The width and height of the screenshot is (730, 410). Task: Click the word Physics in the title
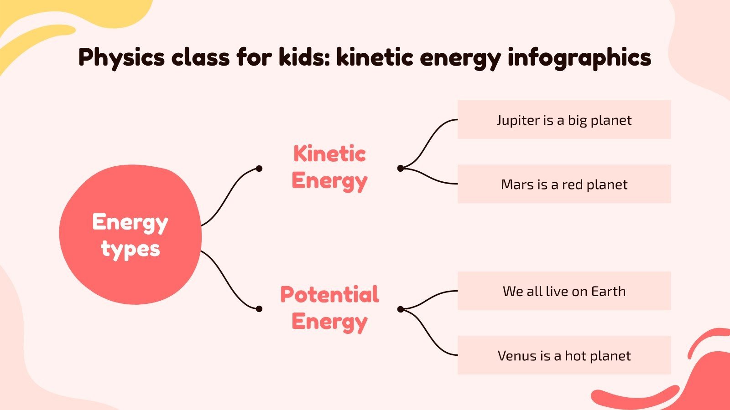[x=121, y=57]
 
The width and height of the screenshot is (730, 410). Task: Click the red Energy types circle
[x=130, y=235]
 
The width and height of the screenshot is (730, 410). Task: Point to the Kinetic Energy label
[x=329, y=167]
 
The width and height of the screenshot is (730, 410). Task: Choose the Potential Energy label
[x=329, y=308]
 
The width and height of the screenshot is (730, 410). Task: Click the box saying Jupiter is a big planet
[x=564, y=120]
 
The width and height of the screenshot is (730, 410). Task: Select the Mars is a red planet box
[x=564, y=184]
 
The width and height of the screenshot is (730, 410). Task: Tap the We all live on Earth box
[x=564, y=291]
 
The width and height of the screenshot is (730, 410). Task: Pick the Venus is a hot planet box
[x=564, y=355]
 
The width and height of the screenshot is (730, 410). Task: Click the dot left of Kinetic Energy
[x=259, y=169]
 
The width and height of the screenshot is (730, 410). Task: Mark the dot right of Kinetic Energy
[x=401, y=169]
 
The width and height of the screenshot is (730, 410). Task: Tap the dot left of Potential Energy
[x=259, y=309]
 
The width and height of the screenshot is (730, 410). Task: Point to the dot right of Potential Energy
[x=401, y=309]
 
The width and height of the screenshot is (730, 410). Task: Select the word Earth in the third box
[x=608, y=291]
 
